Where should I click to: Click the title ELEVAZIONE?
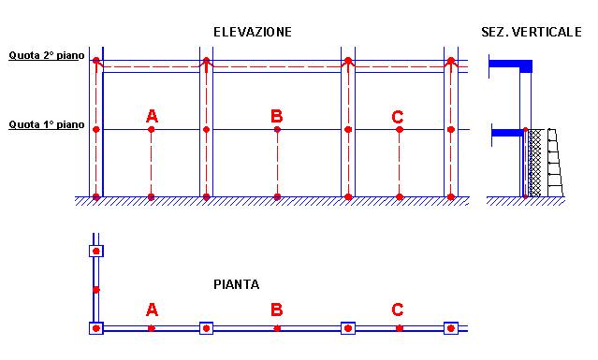[253, 32]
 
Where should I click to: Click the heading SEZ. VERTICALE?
[532, 32]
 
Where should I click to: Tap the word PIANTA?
[237, 284]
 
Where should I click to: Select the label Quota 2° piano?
[47, 55]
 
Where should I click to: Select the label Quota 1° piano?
[47, 124]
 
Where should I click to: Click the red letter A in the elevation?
[152, 116]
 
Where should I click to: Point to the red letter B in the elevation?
[276, 116]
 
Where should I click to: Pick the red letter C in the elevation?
[398, 117]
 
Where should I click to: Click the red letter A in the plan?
[152, 310]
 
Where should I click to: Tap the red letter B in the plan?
[276, 310]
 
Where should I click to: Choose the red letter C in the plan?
[398, 310]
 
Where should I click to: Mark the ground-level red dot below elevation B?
[277, 197]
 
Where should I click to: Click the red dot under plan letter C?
[400, 328]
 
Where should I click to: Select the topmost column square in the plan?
[96, 251]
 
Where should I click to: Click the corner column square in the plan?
[96, 328]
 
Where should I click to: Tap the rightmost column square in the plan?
[451, 328]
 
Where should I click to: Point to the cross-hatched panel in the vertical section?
[534, 163]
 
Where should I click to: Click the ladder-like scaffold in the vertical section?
[556, 163]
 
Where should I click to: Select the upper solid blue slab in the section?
[511, 65]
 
